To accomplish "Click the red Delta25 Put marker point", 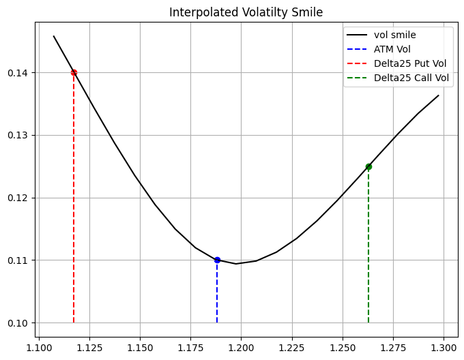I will point(74,72).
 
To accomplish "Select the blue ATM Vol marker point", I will point(217,260).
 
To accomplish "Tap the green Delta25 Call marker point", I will point(368,166).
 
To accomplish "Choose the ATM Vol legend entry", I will point(394,49).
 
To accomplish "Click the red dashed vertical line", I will point(74,205).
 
